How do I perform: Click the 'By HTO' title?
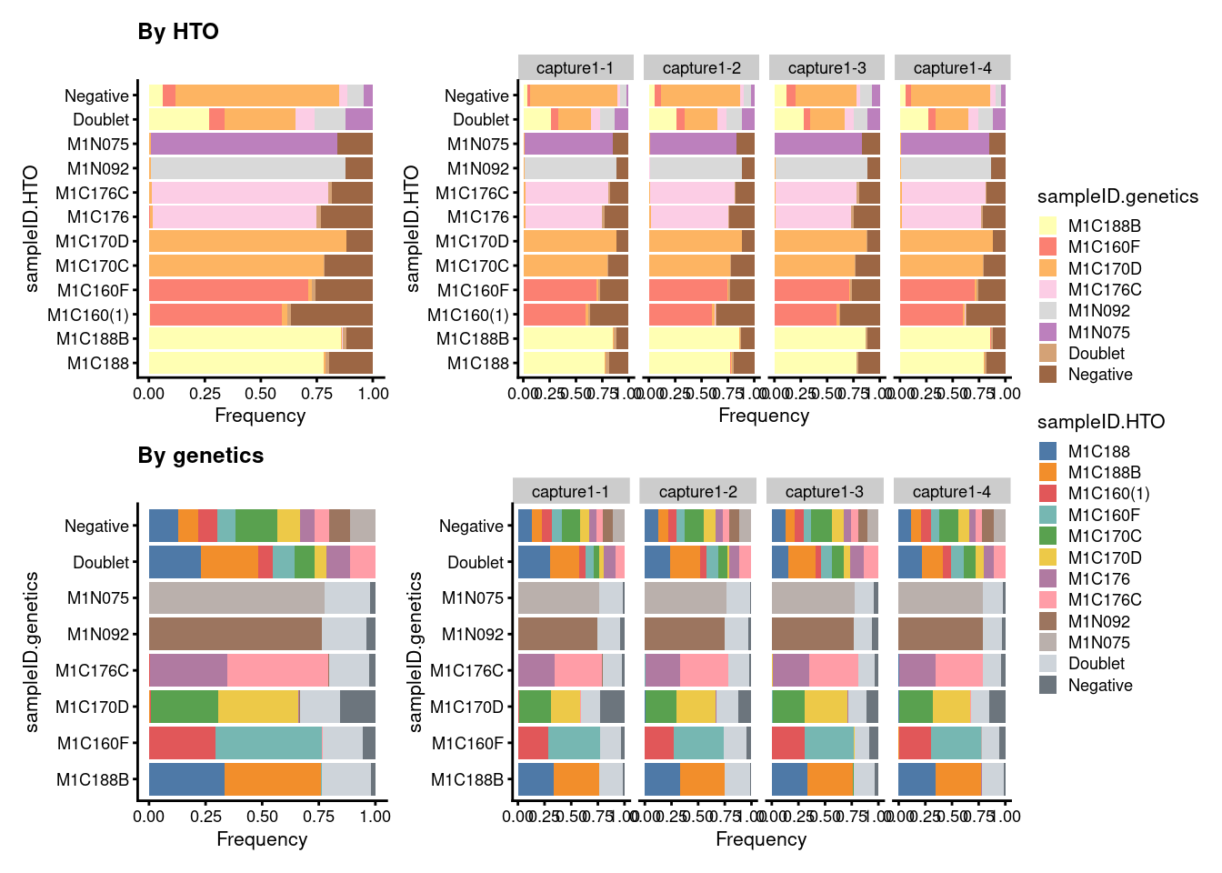[178, 32]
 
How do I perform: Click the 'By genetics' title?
[200, 456]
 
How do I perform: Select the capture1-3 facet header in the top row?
[826, 68]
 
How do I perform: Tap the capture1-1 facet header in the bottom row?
[570, 492]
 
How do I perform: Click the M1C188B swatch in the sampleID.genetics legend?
[1048, 226]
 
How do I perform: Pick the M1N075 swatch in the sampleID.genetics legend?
[1048, 332]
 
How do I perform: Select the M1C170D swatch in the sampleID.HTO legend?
[1048, 557]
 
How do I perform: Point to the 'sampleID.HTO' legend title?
[1100, 422]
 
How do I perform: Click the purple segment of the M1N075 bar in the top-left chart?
[244, 144]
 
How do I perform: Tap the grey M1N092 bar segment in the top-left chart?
[247, 168]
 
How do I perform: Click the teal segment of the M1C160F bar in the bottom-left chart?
[268, 743]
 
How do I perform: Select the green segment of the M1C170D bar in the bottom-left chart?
[184, 707]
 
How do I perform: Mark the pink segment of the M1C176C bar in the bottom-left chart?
[277, 670]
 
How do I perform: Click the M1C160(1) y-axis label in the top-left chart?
[88, 315]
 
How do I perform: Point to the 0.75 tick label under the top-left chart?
[316, 394]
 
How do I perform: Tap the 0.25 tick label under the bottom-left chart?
[205, 817]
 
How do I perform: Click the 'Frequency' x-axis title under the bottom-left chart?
[262, 839]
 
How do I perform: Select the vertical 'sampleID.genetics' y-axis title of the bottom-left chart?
[33, 652]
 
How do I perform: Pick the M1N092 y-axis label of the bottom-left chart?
[98, 634]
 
